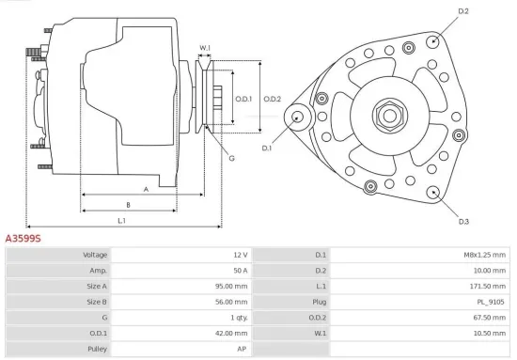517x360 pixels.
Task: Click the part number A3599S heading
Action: coord(24,239)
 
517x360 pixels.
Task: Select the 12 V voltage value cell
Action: coord(239,255)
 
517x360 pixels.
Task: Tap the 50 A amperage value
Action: coord(239,270)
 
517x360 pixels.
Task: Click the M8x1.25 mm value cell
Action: coord(485,255)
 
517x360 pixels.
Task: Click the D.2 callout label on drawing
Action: coord(462,10)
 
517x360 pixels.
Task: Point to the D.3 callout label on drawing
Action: coord(463,221)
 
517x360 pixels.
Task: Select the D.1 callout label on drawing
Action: coord(266,149)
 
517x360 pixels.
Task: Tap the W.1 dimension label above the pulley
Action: coord(205,47)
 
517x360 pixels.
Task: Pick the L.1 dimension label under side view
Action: coord(122,221)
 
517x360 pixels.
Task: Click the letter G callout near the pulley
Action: coord(231,158)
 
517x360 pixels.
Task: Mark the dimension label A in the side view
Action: coord(146,189)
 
